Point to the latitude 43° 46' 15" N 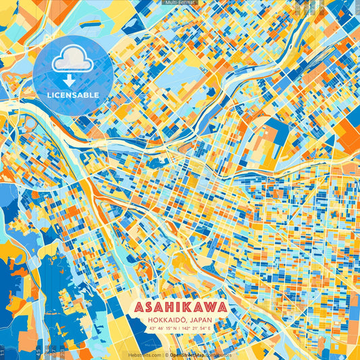coord(157,329)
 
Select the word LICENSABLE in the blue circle coord(72,95)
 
